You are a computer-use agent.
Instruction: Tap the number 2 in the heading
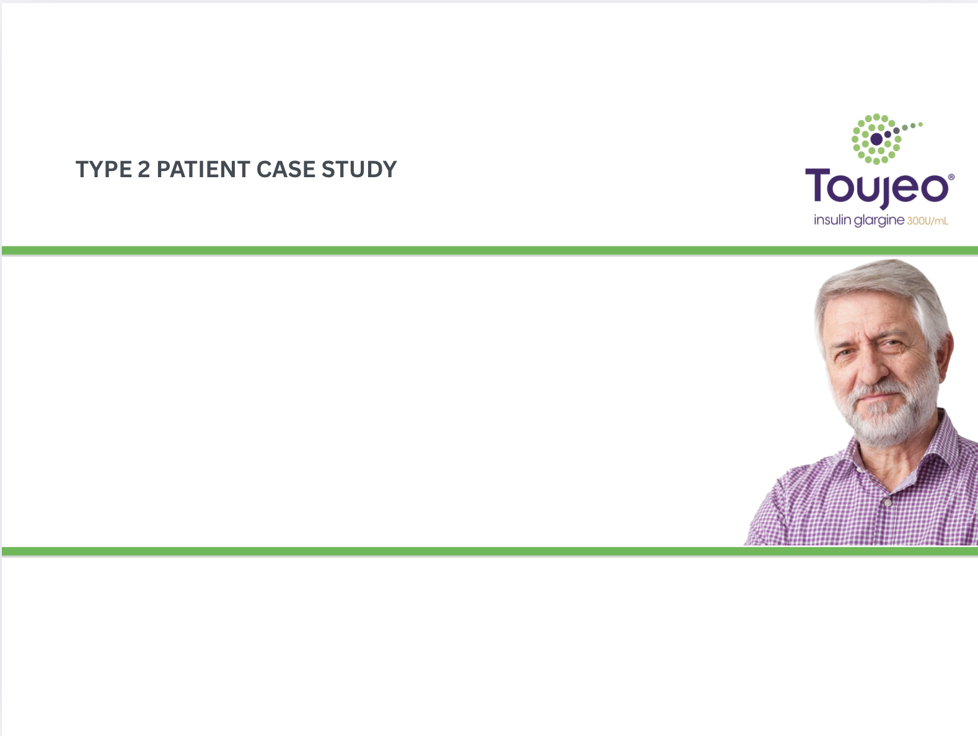click(x=144, y=169)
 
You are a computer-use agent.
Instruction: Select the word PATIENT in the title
click(x=203, y=169)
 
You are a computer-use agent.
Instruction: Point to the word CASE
click(x=286, y=169)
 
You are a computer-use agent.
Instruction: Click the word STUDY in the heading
click(x=359, y=169)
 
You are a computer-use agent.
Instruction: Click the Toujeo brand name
click(x=877, y=188)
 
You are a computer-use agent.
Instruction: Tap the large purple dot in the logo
click(x=876, y=139)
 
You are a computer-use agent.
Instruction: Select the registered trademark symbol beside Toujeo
click(x=951, y=177)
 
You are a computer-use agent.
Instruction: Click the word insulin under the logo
click(x=832, y=220)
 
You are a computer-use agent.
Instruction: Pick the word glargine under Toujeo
click(x=879, y=221)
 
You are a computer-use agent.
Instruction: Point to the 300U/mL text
click(x=927, y=221)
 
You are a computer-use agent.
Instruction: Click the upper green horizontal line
click(x=490, y=250)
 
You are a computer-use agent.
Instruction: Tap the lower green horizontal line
click(x=490, y=551)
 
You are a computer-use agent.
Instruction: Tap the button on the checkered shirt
click(x=887, y=502)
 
